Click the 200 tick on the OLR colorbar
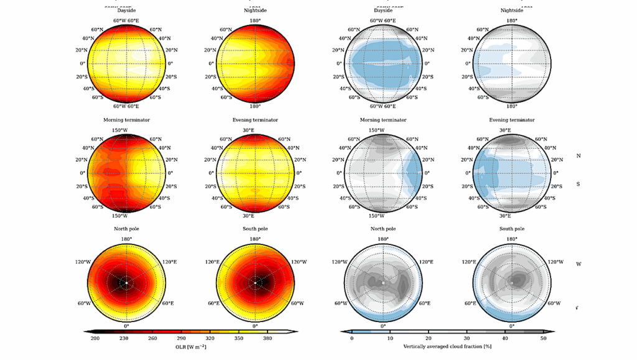pos(95,338)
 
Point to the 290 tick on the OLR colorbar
pos(182,338)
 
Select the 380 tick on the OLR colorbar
pos(267,338)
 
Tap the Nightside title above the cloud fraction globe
pos(511,11)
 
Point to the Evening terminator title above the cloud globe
pos(511,119)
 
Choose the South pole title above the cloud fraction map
pos(511,229)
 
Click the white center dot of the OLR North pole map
pos(126,283)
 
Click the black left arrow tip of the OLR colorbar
pos(86,332)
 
